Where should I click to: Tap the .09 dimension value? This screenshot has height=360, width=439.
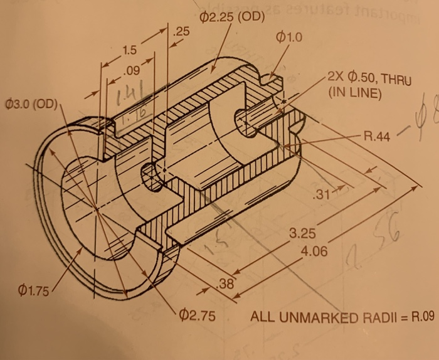(134, 70)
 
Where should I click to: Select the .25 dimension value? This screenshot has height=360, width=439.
(181, 32)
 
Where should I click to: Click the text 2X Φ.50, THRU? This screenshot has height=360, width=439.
(366, 80)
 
